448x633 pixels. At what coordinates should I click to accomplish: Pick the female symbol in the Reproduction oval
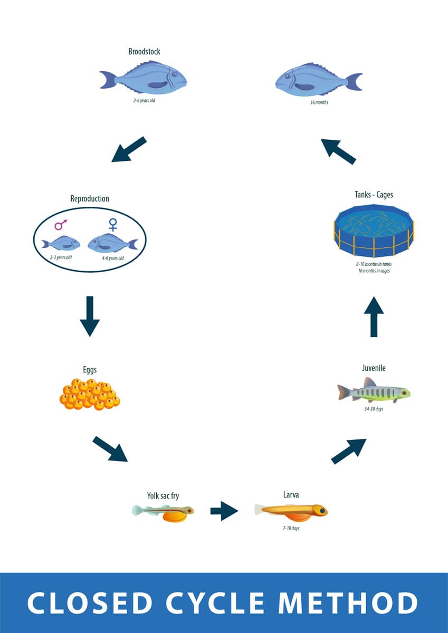[112, 225]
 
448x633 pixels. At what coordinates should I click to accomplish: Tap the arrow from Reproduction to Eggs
[90, 315]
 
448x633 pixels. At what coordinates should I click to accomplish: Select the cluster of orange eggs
[89, 395]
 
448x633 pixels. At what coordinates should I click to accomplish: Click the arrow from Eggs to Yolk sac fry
[110, 449]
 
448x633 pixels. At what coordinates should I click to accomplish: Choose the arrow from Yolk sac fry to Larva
[224, 511]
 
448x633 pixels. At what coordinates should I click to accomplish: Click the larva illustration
[291, 510]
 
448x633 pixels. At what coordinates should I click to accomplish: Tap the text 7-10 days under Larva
[291, 527]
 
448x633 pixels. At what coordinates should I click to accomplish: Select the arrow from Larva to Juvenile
[349, 451]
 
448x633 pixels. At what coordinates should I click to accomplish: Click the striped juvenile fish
[374, 392]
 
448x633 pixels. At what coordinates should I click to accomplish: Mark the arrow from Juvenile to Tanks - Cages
[374, 316]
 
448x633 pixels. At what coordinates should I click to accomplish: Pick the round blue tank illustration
[374, 227]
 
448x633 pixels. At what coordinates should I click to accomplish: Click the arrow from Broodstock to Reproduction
[129, 149]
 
